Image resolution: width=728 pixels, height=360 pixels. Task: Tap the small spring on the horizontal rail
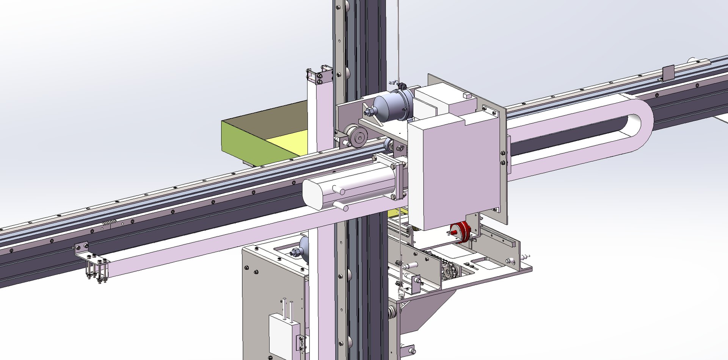click(x=108, y=224)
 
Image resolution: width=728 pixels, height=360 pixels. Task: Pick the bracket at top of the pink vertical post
click(x=319, y=75)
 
